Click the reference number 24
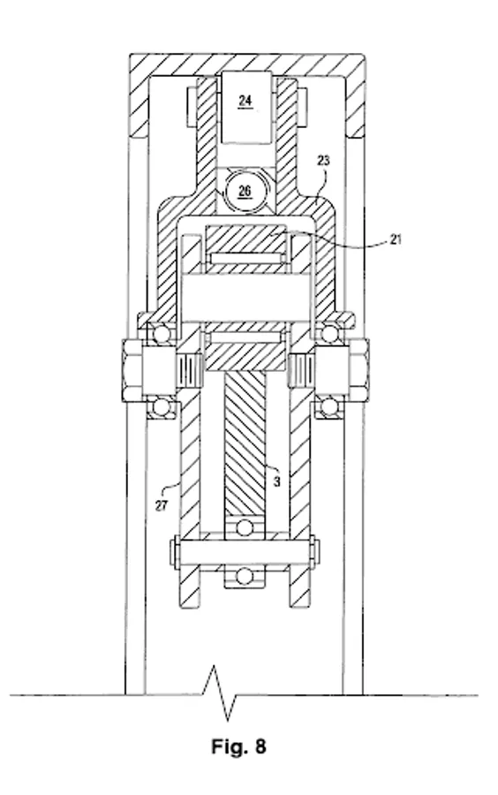(x=245, y=101)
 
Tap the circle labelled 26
(x=245, y=191)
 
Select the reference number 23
(x=323, y=161)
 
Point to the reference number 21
(x=396, y=238)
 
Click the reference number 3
(x=276, y=481)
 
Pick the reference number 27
(x=161, y=505)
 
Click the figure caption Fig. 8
(x=238, y=746)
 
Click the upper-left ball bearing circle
(x=162, y=334)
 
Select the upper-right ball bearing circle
(x=329, y=334)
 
